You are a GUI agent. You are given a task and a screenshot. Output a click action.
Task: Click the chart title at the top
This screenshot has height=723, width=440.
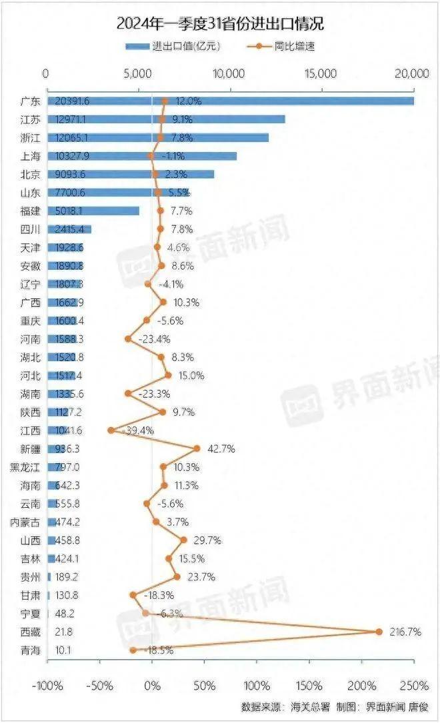[x=220, y=25]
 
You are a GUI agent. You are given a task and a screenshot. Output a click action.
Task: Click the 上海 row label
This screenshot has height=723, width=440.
[x=31, y=156]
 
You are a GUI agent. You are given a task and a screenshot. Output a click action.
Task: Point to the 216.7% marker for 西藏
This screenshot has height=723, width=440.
[x=379, y=632]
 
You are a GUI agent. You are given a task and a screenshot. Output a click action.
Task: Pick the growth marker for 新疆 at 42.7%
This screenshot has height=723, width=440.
[x=197, y=448]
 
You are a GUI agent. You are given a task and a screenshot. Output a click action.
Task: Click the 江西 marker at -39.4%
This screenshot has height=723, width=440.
[x=111, y=430]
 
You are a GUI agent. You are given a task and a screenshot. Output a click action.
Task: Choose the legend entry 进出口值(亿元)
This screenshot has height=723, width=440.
[x=173, y=47]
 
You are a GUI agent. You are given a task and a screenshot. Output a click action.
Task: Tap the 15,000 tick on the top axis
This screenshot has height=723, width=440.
[x=322, y=73]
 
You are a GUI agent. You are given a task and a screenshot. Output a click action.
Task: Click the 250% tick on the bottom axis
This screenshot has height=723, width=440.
[x=414, y=686]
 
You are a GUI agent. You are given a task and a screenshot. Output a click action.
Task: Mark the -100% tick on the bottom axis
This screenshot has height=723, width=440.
[x=48, y=686]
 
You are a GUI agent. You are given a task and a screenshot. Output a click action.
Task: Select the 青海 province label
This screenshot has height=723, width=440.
[x=31, y=650]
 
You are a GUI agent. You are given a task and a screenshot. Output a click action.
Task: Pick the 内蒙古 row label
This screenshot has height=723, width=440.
[x=27, y=522]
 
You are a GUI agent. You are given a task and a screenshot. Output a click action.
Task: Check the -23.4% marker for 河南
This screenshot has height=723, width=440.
[x=128, y=339]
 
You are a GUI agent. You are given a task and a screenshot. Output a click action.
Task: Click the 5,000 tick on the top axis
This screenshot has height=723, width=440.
[x=137, y=73]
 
